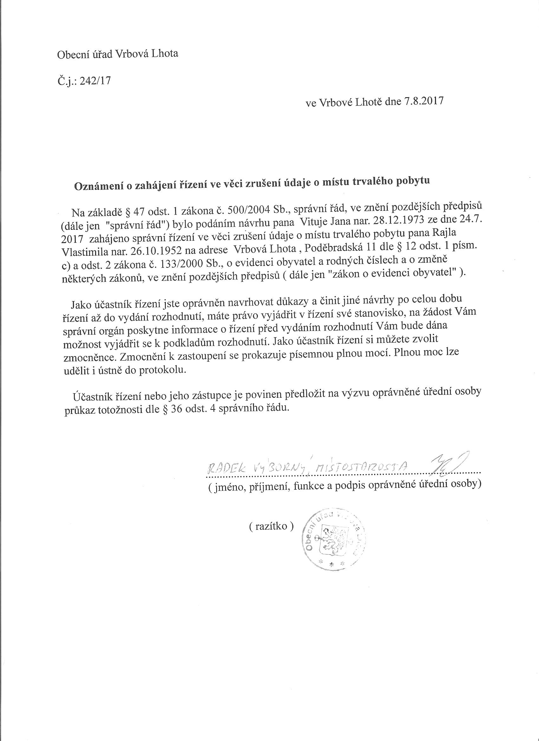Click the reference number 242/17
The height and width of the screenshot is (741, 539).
pos(97,81)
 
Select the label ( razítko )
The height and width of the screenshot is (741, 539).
pos(271,526)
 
